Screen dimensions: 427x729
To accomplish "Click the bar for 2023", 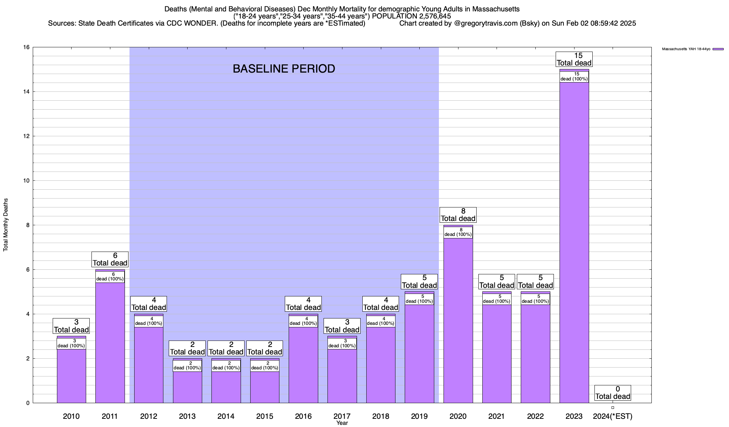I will (x=574, y=242).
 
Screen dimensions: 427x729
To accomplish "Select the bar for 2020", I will (x=458, y=320).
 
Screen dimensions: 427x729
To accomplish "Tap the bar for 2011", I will (x=110, y=342).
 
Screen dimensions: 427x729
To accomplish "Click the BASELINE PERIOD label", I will (x=284, y=69).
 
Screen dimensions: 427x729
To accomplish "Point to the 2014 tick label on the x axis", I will (x=226, y=416).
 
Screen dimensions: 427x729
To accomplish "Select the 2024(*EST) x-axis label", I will (x=613, y=416).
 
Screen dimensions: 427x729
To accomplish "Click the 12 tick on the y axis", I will (x=26, y=136).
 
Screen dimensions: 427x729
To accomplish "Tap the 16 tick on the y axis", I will (x=26, y=47).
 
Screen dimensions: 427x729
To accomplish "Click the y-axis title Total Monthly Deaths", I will (x=6, y=225).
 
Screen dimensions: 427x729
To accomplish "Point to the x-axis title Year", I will (x=342, y=423).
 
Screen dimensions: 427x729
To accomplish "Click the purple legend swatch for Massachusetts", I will (x=718, y=49).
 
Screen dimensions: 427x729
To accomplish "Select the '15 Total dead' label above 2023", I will (x=574, y=59).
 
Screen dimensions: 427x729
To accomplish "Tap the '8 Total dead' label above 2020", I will (x=458, y=215).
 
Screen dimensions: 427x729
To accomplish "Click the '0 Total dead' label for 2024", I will (x=613, y=393).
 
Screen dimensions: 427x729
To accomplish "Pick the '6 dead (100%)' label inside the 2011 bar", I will (x=110, y=276).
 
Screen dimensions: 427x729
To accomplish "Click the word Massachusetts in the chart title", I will (x=496, y=9).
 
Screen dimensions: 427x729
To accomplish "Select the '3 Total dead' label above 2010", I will (x=71, y=326).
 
